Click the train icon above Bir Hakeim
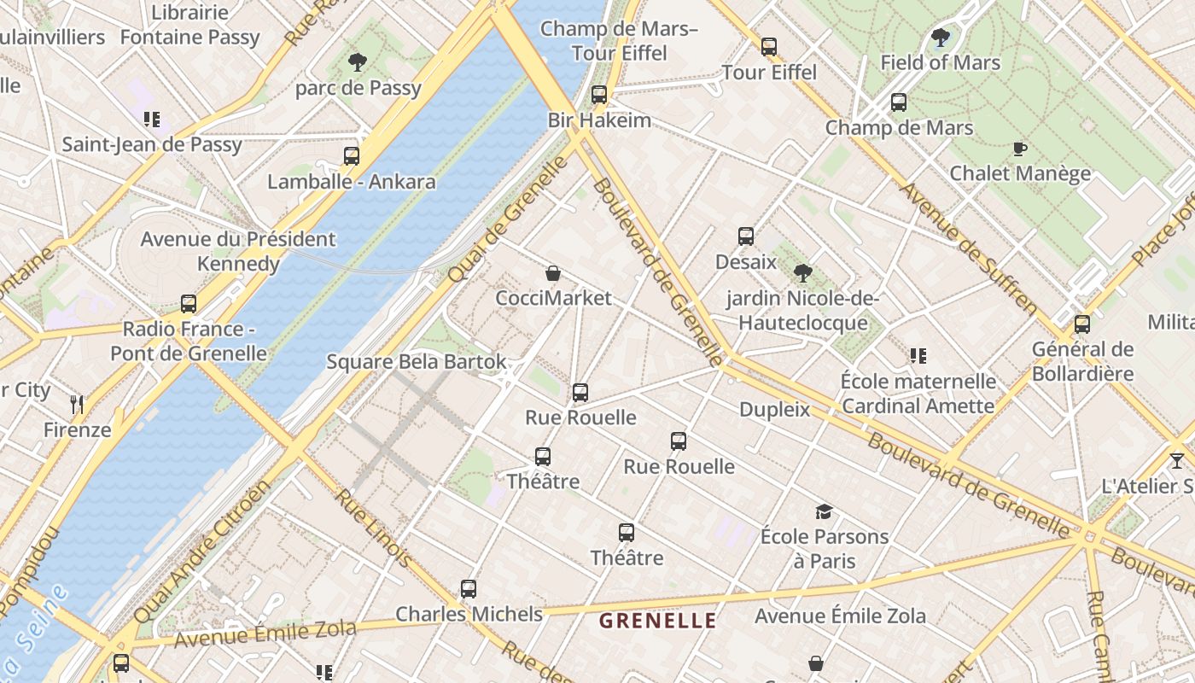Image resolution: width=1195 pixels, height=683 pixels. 599,95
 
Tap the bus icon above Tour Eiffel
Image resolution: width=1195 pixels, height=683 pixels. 769,47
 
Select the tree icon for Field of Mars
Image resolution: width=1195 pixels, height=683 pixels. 940,38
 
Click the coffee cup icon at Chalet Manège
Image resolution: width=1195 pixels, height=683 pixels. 1019,149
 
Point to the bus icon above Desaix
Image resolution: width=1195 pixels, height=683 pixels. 746,236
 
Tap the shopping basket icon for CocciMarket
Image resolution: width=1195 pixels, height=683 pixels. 553,273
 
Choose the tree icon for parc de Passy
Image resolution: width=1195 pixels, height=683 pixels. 358,62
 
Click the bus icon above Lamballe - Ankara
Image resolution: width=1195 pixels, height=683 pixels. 352,156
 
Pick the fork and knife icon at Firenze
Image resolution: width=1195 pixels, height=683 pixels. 78,404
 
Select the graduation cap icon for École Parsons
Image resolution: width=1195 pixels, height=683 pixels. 824,511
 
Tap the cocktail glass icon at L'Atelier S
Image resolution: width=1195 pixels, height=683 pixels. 1177,460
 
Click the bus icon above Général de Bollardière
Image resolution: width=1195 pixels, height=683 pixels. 1082,324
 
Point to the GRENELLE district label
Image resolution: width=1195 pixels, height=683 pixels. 657,621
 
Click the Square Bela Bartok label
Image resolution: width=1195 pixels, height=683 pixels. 417,362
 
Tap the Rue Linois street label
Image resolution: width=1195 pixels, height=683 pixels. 374,528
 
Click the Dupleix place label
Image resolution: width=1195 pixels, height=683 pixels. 774,410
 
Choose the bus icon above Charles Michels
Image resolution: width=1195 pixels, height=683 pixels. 469,589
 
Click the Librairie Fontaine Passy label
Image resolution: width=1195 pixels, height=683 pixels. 189,25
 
